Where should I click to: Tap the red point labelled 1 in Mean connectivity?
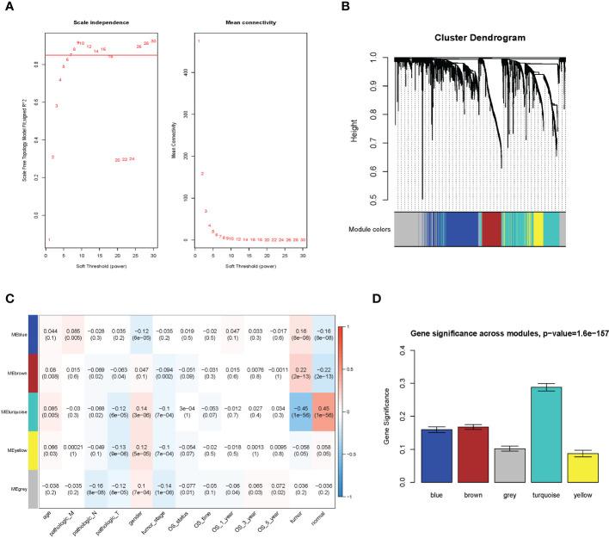point(199,41)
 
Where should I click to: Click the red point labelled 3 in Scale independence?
point(57,106)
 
